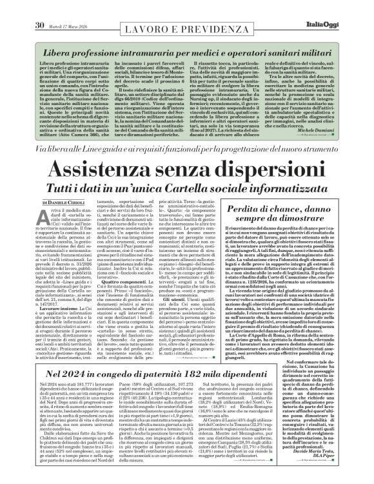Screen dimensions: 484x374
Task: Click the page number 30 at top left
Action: click(21, 7)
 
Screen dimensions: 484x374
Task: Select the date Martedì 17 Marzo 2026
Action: click(56, 8)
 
